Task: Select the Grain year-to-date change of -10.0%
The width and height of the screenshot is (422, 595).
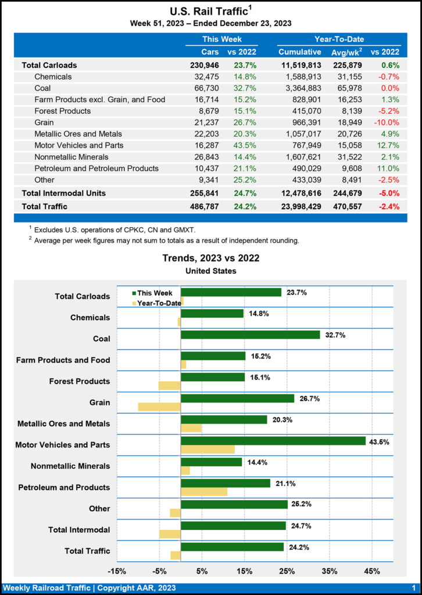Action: pos(385,123)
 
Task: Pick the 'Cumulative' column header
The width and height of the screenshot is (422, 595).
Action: pos(300,52)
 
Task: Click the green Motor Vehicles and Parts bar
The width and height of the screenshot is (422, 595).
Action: pos(273,441)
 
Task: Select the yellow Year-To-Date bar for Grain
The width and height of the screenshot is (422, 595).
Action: pos(159,407)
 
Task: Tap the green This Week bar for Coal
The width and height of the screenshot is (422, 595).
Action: pos(251,335)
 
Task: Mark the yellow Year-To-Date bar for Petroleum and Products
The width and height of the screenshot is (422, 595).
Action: pos(204,492)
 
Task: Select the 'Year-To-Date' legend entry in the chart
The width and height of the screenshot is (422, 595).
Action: pos(154,303)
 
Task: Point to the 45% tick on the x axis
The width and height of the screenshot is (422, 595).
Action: pos(372,571)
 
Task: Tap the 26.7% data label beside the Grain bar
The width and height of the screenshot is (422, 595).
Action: pos(309,399)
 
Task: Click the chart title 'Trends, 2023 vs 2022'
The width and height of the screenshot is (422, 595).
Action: pos(210,258)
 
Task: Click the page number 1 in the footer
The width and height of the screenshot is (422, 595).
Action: pos(413,589)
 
